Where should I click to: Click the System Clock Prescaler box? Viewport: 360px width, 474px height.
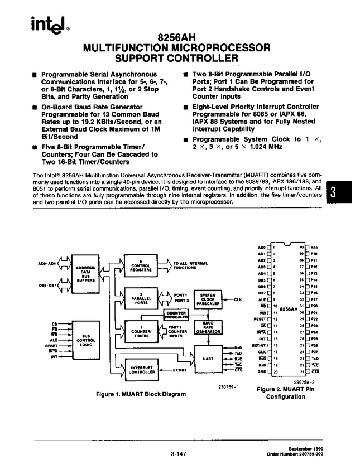click(207, 299)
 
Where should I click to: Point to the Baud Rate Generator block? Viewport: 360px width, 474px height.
click(207, 327)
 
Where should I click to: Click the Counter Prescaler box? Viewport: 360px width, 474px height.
click(176, 316)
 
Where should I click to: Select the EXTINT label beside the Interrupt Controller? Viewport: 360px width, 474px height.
click(180, 369)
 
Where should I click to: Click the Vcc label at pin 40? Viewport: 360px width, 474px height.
click(314, 247)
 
